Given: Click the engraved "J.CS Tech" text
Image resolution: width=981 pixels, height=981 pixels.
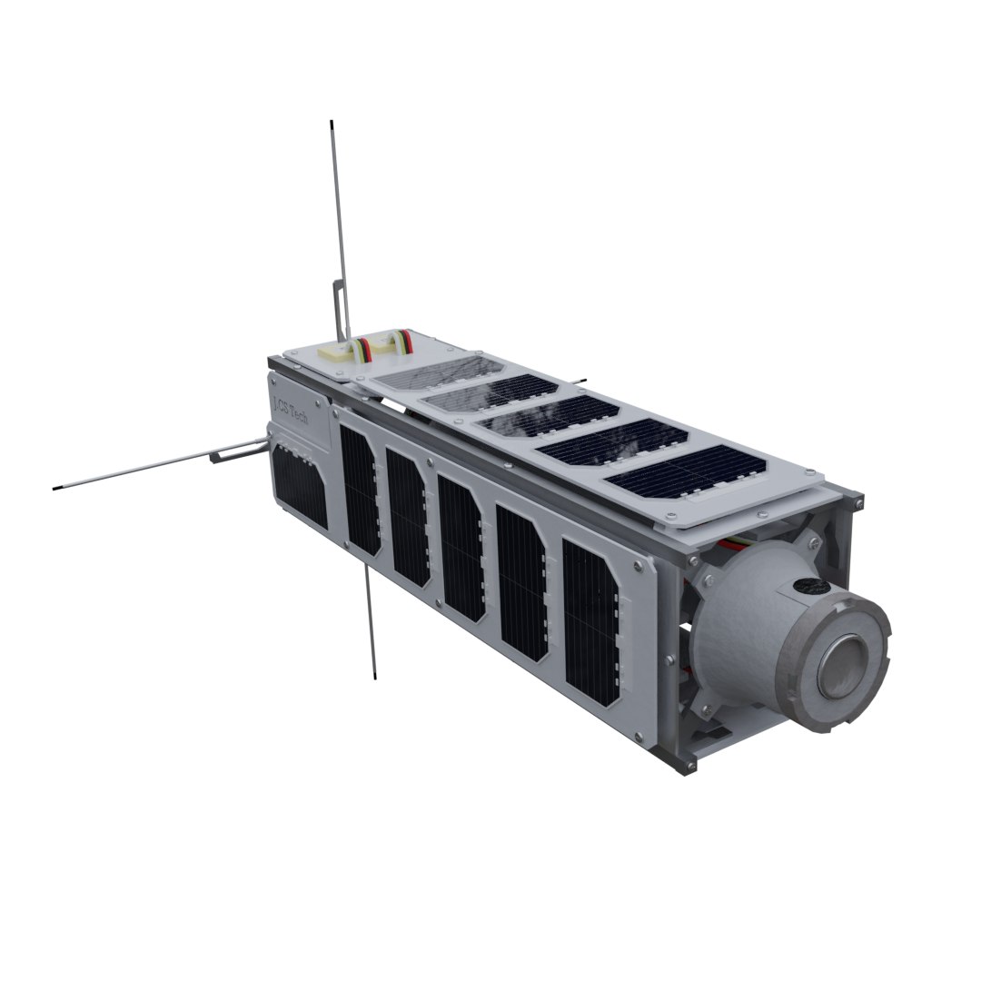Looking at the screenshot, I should pyautogui.click(x=290, y=409).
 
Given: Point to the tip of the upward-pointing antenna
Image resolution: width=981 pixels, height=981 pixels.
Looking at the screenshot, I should pyautogui.click(x=332, y=123).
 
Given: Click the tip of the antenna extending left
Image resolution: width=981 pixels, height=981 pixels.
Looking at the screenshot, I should pyautogui.click(x=56, y=489).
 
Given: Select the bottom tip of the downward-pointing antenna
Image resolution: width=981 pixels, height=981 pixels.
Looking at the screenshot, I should pyautogui.click(x=373, y=677).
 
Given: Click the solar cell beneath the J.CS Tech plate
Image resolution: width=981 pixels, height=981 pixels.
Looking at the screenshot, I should pyautogui.click(x=299, y=486).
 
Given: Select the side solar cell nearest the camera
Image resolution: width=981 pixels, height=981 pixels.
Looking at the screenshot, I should pyautogui.click(x=590, y=622).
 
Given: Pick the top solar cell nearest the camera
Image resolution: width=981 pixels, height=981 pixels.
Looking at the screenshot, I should pyautogui.click(x=687, y=474).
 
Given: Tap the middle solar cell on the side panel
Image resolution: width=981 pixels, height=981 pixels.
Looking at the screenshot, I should pyautogui.click(x=461, y=548).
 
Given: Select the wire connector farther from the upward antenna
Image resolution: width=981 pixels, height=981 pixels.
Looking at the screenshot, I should pyautogui.click(x=396, y=343).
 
